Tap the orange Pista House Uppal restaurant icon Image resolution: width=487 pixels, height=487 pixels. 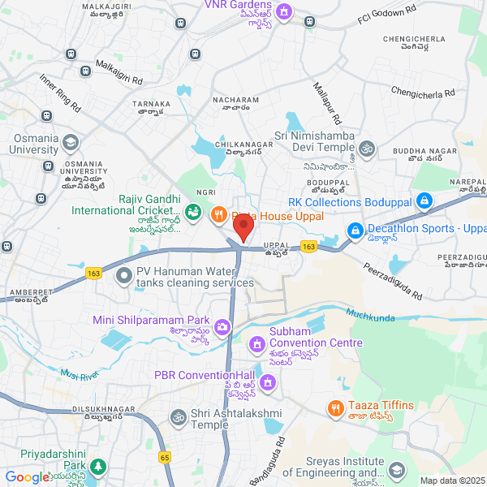pos(218,216)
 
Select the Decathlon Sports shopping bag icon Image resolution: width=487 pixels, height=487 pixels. pos(355,231)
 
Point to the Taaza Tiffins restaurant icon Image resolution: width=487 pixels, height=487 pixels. pos(334,407)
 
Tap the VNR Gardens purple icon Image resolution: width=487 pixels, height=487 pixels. pos(284,11)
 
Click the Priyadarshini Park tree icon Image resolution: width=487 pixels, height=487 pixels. pos(98,467)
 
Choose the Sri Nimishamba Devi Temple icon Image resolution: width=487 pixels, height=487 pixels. pos(368,148)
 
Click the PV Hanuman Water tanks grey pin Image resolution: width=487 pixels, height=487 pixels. pos(124,276)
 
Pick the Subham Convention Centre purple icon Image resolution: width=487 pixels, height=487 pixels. pos(257,344)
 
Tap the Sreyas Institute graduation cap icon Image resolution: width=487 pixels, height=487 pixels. pos(397,470)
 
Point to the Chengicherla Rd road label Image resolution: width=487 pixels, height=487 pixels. pos(423,94)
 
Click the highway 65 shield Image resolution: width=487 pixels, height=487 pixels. pos(165,458)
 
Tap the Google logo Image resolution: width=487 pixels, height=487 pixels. pos(26,478)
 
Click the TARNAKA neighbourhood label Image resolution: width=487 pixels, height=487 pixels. pos(153,104)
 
